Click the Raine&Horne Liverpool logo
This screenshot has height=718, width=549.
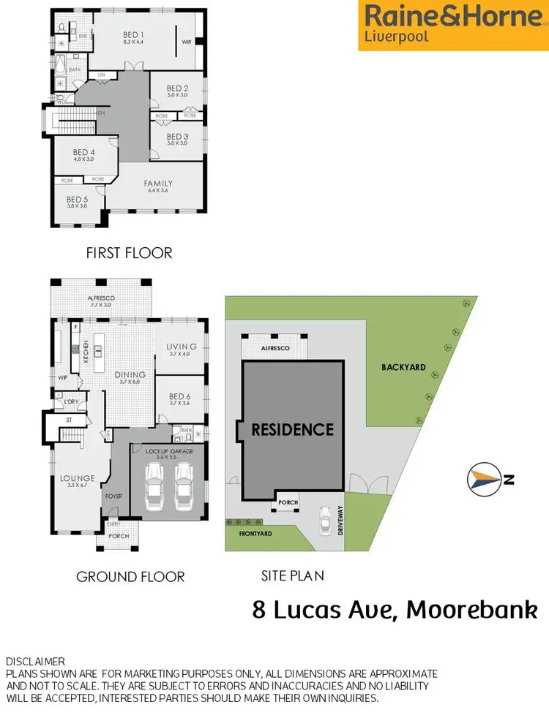[x=453, y=25]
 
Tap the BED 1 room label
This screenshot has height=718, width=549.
[x=132, y=35]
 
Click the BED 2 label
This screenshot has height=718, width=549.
[x=177, y=89]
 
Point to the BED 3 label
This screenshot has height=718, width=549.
[x=177, y=137]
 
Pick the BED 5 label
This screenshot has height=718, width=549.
[x=77, y=199]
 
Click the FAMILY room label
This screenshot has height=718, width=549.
[x=158, y=184]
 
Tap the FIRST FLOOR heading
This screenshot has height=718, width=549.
[x=129, y=253]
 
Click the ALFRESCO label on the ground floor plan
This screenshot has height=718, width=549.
[x=102, y=298]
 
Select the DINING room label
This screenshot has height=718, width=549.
[x=130, y=375]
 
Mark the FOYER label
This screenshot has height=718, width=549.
[x=113, y=496]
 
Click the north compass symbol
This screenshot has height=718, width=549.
[x=485, y=480]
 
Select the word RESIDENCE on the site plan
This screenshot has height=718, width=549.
[x=292, y=430]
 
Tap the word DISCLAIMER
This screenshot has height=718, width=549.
[x=35, y=660]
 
